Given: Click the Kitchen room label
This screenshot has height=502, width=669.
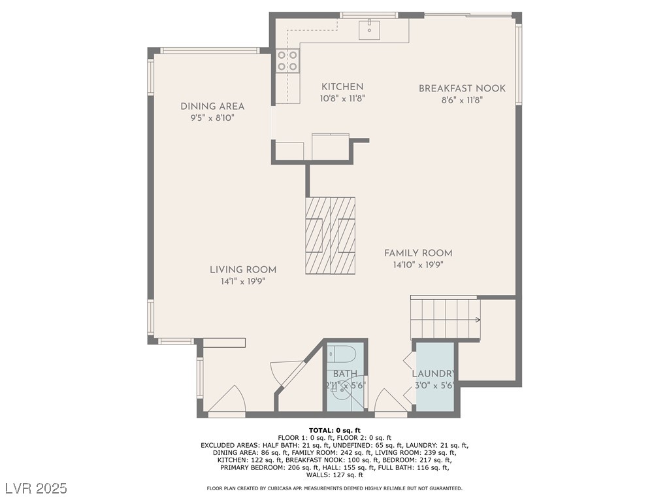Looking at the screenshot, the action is [x=342, y=87].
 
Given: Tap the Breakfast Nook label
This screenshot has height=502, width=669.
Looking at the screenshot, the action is [x=462, y=88].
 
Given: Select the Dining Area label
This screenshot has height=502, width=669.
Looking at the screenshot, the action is [x=212, y=107].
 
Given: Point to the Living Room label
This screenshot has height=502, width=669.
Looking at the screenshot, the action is [x=243, y=270].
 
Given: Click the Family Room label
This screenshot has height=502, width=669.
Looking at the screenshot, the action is [x=418, y=253].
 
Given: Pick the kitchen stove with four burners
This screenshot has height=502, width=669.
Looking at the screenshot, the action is [x=287, y=61].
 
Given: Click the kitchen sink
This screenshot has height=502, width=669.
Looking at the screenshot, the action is [x=370, y=29].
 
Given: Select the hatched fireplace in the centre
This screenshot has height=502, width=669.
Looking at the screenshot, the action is [x=330, y=235].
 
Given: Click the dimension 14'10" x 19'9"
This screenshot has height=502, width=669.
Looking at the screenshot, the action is [x=418, y=265].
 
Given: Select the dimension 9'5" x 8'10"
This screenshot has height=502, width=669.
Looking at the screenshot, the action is [x=212, y=118].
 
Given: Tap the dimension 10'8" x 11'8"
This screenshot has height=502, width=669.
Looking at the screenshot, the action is [x=342, y=99].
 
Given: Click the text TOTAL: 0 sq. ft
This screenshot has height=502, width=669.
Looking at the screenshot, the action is [x=334, y=430].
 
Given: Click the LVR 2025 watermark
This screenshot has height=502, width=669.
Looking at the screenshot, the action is [x=37, y=488].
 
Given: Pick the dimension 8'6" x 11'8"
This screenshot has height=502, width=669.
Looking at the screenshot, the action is [x=462, y=100].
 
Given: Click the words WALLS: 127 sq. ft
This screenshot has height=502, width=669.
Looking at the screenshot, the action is [x=334, y=475].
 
